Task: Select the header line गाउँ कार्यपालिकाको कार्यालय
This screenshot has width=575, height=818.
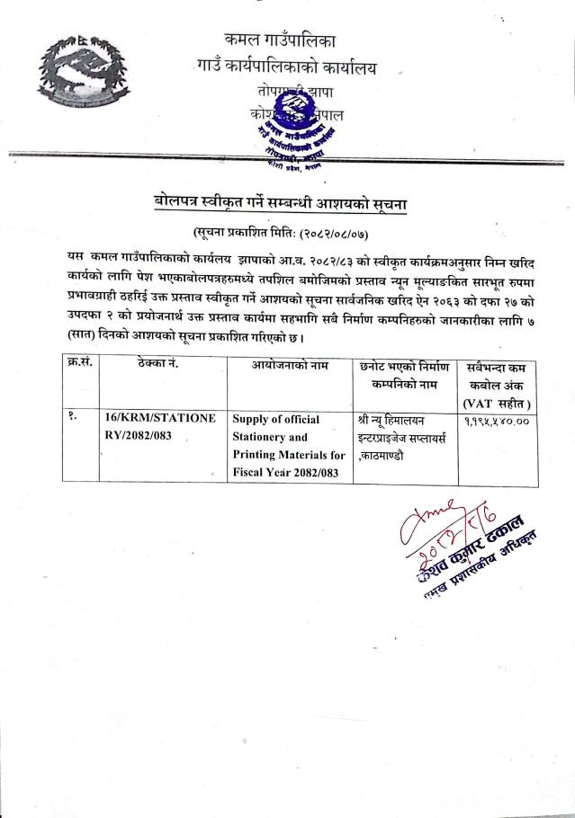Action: point(285,67)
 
